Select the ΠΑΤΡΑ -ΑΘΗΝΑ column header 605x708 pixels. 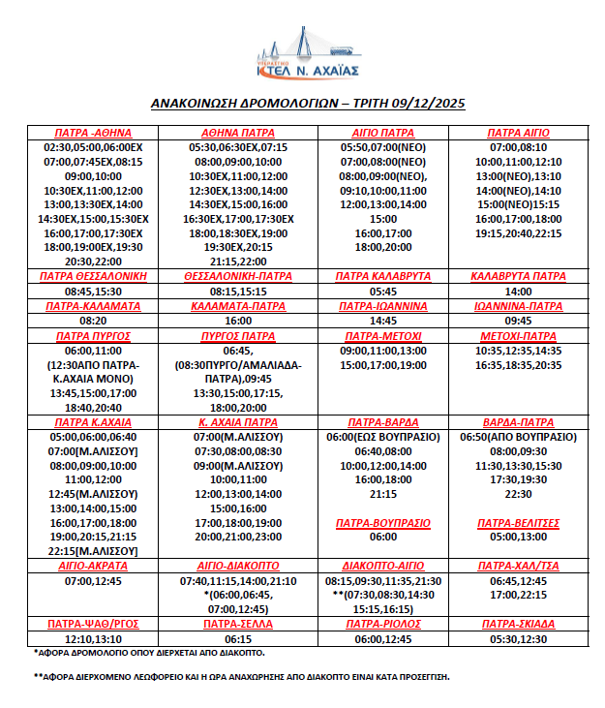pos(93,133)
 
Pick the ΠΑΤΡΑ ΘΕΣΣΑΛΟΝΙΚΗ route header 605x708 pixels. pos(93,276)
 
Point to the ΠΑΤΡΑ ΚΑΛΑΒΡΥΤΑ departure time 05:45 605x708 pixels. pos(383,291)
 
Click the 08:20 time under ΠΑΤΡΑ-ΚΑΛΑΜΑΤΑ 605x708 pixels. pos(93,320)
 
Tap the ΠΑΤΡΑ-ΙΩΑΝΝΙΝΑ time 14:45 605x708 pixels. pos(383,320)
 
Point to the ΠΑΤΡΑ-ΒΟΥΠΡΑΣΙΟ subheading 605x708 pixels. pos(383,523)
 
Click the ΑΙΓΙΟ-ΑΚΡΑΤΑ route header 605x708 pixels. pos(93,566)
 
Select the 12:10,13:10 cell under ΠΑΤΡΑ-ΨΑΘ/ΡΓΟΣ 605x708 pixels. pos(93,639)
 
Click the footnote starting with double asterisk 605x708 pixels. pos(241,676)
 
